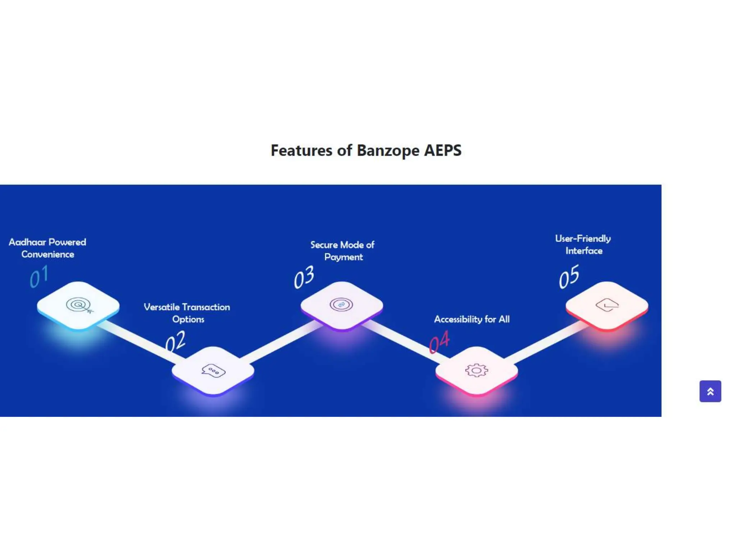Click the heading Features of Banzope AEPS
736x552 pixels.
point(366,151)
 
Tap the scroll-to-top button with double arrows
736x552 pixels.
point(710,391)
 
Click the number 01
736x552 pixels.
point(39,276)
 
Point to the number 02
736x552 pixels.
point(175,341)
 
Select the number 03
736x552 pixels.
point(304,277)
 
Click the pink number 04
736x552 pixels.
point(439,342)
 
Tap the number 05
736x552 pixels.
point(569,276)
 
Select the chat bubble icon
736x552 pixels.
point(213,371)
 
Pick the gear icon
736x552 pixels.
point(477,370)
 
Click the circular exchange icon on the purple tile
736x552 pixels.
point(341,305)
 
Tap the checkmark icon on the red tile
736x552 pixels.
point(607,305)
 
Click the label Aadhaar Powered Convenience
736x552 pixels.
point(47,248)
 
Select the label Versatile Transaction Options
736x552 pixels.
point(187,313)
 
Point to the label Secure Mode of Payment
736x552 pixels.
point(342,251)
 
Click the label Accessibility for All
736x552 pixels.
point(472,319)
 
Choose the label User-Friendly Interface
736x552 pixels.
point(583,245)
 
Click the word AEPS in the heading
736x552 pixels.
point(443,150)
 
